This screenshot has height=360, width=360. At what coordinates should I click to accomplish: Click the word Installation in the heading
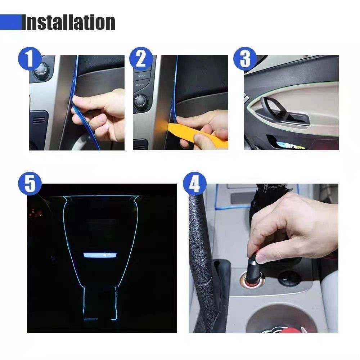68,22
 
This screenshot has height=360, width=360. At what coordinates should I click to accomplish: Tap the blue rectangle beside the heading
10,22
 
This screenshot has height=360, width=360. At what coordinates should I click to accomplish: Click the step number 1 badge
30,59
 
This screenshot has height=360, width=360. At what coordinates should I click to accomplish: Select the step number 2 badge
141,59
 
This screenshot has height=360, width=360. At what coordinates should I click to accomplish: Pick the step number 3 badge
245,59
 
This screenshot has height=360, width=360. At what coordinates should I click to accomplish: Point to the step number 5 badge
30,184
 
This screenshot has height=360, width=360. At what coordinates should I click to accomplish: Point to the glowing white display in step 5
100,255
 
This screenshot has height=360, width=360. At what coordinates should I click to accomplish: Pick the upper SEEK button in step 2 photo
140,76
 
